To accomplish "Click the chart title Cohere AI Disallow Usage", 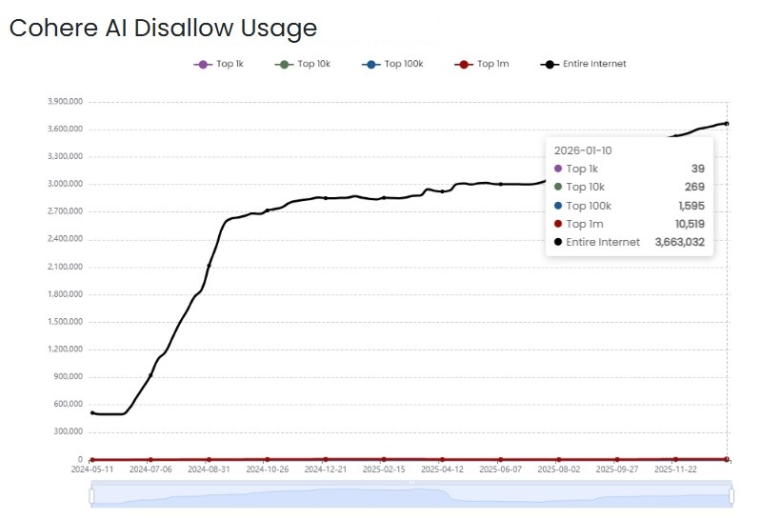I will click(162, 28).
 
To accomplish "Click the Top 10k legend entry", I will click(303, 64).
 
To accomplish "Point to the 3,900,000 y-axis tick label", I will click(65, 102).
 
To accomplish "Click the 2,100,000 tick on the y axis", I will click(65, 267).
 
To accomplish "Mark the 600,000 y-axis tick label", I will click(67, 404).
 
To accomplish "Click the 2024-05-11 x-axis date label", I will click(92, 470).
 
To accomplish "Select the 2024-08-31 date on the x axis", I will click(210, 470).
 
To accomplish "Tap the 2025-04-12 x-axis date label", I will click(442, 470).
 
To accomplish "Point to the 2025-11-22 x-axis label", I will click(675, 470).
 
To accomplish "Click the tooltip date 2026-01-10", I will click(582, 150).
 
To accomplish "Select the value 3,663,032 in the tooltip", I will click(679, 242).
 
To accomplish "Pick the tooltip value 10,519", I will click(688, 224).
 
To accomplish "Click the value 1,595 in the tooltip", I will click(691, 206).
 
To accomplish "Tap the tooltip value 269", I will click(694, 187).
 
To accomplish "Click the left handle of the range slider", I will click(92, 495).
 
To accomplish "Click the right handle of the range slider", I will click(731, 495).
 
